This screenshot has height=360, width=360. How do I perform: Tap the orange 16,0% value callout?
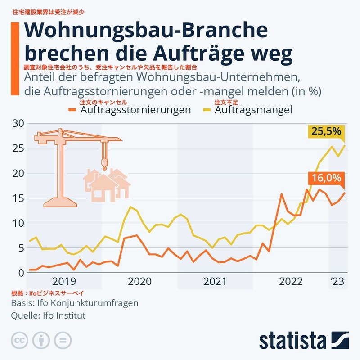point(326,178)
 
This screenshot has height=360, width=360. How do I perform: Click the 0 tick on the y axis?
point(20,273)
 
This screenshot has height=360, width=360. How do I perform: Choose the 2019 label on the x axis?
point(65,282)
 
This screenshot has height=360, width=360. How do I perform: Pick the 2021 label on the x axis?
point(215,282)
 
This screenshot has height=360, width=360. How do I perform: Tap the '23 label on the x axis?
point(337,282)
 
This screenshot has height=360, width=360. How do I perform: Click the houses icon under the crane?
point(106,183)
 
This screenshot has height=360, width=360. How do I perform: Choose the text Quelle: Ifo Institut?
point(48,315)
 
